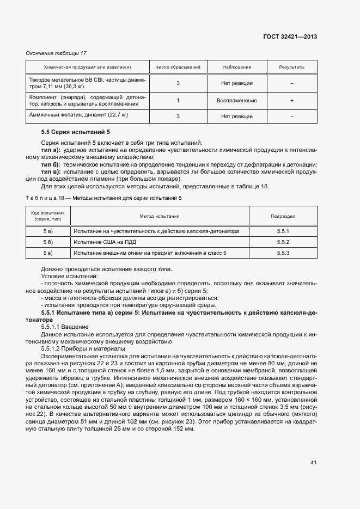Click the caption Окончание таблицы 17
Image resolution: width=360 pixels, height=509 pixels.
pyautogui.click(x=56, y=53)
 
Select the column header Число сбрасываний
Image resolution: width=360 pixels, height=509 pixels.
pyautogui.click(x=178, y=67)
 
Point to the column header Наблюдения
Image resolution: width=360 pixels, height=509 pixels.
pyautogui.click(x=236, y=67)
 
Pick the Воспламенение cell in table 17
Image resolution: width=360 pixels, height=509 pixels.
pyautogui.click(x=236, y=101)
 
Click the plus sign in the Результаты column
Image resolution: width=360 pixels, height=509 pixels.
pyautogui.click(x=292, y=101)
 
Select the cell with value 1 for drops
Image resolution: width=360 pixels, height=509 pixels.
pyautogui.click(x=178, y=101)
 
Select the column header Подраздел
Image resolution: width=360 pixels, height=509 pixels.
pyautogui.click(x=283, y=216)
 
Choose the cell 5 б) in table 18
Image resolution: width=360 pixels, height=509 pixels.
pyautogui.click(x=48, y=242)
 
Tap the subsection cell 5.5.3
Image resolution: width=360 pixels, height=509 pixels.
pyautogui.click(x=283, y=253)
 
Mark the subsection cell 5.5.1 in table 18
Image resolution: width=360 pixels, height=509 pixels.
pyautogui.click(x=283, y=231)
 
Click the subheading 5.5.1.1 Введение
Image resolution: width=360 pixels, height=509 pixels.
pyautogui.click(x=65, y=326)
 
